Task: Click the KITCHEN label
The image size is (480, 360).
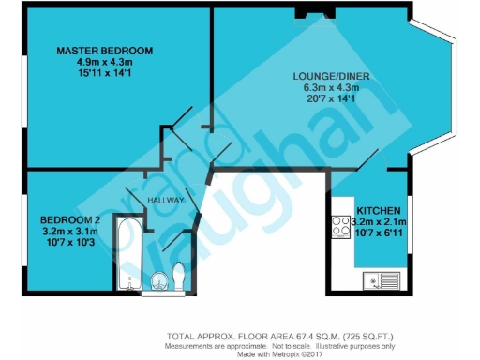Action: coord(379,210)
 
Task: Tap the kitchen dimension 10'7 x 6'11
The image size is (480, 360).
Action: coord(378,232)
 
